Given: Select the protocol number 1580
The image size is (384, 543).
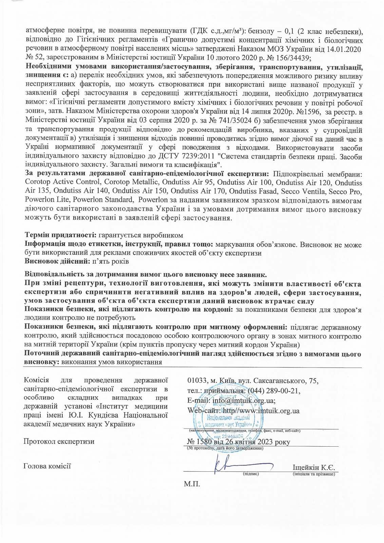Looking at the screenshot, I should click(x=203, y=442).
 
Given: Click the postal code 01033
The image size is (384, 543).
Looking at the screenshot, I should click(x=197, y=380).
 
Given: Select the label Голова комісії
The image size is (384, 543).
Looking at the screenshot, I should click(x=47, y=466).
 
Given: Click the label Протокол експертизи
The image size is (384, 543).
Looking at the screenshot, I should click(x=59, y=442).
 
